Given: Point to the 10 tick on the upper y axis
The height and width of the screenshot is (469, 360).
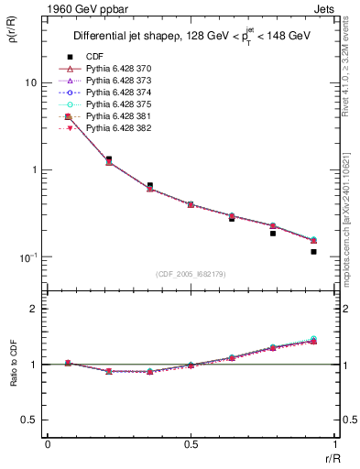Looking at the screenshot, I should click(x=29, y=82).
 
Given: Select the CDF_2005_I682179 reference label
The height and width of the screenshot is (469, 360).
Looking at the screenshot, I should click(x=191, y=274).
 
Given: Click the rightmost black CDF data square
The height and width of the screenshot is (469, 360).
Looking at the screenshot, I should click(x=313, y=251).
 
